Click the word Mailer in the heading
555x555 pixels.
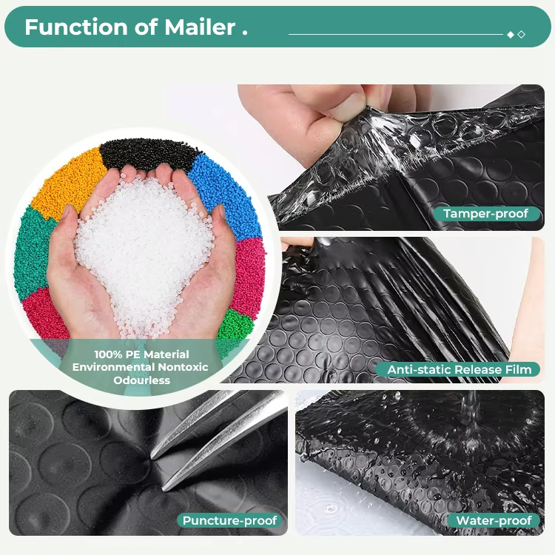coord(200,27)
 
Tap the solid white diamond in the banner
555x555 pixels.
coord(511,34)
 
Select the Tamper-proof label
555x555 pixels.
coord(486,213)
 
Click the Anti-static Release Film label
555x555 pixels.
coord(459,369)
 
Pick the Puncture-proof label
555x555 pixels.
coord(229,520)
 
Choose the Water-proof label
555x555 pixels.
coord(494,520)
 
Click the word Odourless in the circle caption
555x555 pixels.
coord(142,380)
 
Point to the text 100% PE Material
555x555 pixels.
coord(141,354)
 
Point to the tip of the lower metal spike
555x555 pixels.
coord(164,490)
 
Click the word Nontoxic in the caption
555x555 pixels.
coord(183,367)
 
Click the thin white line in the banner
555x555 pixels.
coord(396,34)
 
